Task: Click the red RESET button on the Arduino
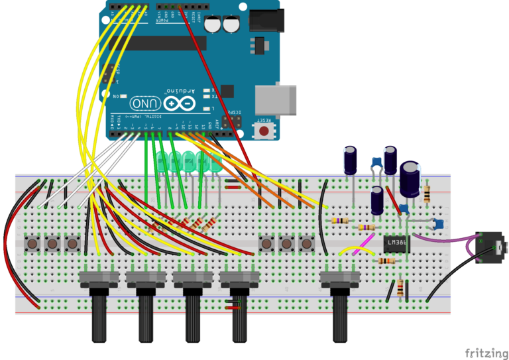pos(265,131)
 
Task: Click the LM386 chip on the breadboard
pos(396,244)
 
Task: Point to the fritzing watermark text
pos(482,352)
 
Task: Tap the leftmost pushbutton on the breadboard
pos(31,244)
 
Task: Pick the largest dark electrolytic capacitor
pos(410,178)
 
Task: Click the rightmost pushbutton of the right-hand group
pos(306,244)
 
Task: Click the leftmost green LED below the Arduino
pos(163,162)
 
